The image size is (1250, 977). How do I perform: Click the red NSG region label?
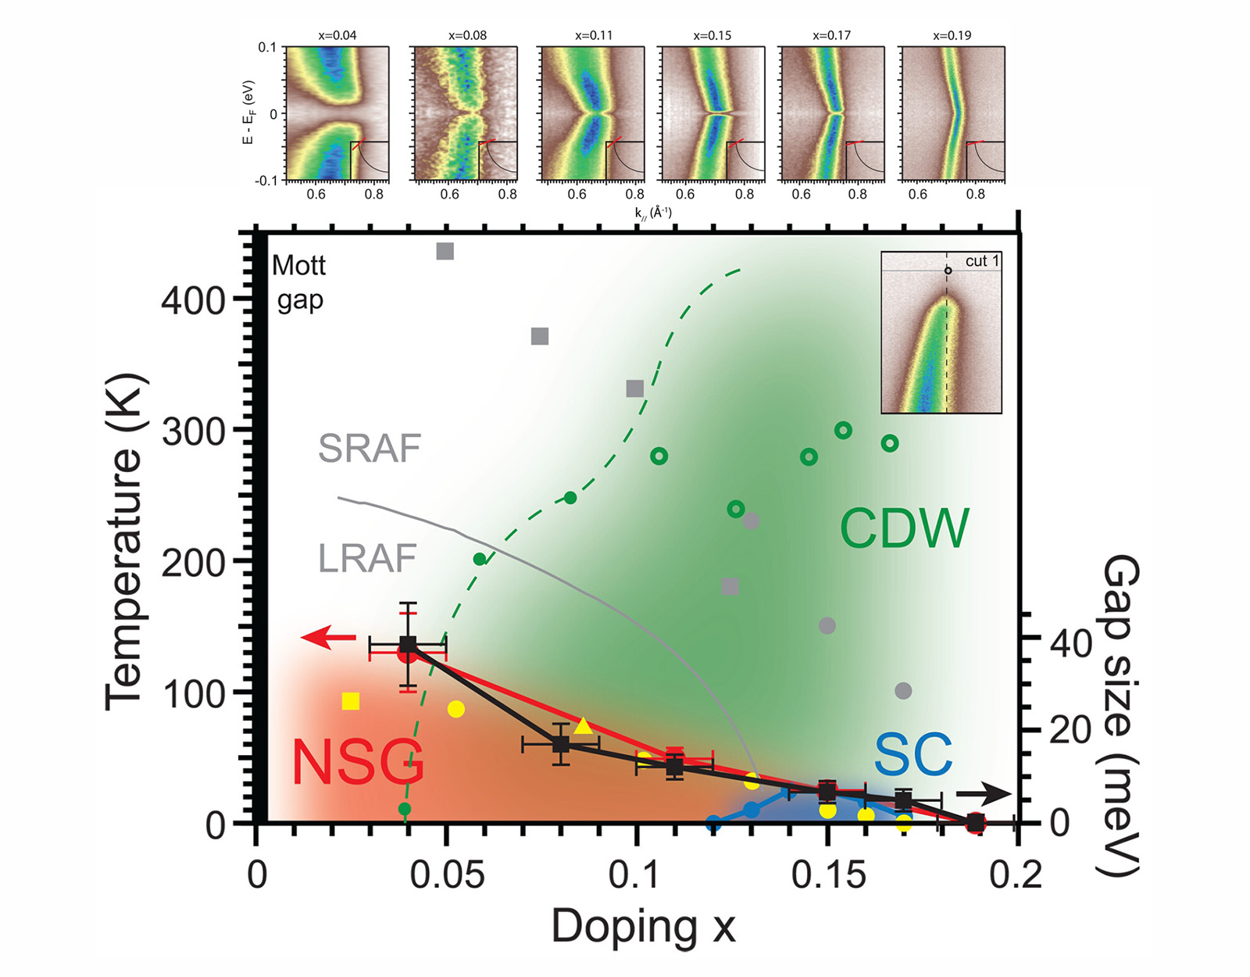358,762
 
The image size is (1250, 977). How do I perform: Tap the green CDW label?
904,528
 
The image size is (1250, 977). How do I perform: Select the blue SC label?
912,755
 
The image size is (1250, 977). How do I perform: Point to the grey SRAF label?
370,449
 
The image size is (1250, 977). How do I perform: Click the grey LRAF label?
367,558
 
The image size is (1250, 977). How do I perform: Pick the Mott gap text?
299,283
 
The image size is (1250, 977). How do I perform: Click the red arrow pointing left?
328,639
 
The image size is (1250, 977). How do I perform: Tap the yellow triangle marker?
583,726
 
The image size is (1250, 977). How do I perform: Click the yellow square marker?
351,701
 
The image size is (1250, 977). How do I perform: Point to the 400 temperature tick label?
193,300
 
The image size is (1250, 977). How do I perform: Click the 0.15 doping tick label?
828,875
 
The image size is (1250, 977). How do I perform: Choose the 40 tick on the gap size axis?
1071,643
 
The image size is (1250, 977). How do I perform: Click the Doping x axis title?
643,928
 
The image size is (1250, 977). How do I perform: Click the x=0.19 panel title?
952,35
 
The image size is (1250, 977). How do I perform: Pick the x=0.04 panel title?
337,35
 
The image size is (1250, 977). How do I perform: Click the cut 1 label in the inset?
982,261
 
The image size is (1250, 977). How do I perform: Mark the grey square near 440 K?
445,252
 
